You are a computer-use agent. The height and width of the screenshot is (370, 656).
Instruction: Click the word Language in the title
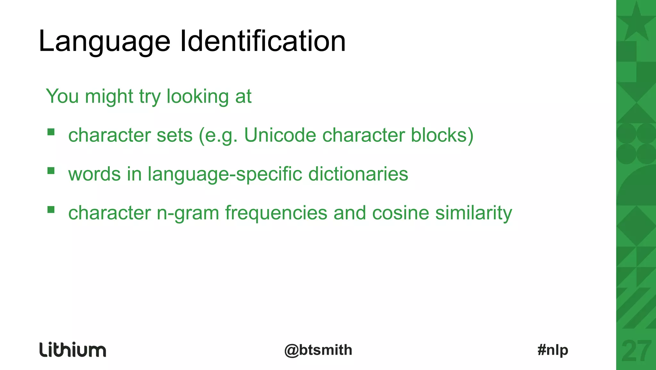pyautogui.click(x=104, y=42)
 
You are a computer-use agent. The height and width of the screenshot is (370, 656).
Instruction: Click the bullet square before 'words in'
pyautogui.click(x=51, y=170)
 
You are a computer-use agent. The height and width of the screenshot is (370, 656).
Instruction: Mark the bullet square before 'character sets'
pyautogui.click(x=51, y=132)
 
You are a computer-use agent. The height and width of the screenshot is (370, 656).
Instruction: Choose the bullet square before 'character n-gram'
pyautogui.click(x=51, y=210)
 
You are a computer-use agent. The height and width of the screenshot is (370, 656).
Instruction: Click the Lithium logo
pyautogui.click(x=73, y=349)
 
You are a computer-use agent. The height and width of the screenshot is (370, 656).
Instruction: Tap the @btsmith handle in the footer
pyautogui.click(x=318, y=350)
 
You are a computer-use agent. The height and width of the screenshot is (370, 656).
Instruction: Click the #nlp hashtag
pyautogui.click(x=553, y=350)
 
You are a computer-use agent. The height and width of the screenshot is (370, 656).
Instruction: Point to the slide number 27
pyautogui.click(x=636, y=351)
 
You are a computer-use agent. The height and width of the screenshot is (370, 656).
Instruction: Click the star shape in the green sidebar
pyautogui.click(x=636, y=22)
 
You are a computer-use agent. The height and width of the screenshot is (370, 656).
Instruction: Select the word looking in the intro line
pyautogui.click(x=197, y=97)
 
